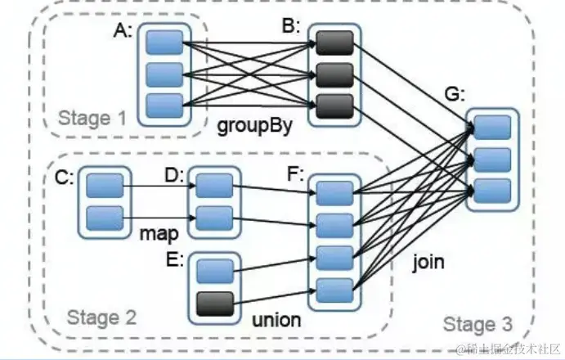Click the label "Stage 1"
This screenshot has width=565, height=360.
coord(92,119)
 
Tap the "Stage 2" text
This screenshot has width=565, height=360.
coord(102,317)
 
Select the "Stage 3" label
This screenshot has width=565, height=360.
coord(478,324)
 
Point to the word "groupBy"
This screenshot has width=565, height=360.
coord(255,126)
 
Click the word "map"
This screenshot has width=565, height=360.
coord(159,233)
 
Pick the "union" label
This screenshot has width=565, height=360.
coord(276,320)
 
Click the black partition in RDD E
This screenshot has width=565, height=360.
coord(215,304)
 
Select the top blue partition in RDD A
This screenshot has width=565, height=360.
coord(164,43)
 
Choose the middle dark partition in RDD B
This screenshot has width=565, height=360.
coord(334,75)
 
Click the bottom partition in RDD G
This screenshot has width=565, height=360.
coord(492,191)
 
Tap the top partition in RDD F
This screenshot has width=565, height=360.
coord(334,193)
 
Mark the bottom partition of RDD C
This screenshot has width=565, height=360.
coord(105,218)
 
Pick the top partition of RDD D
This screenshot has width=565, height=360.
coord(214,186)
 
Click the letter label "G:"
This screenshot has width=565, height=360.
coord(455,95)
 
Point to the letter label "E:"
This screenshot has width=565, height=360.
coord(175,259)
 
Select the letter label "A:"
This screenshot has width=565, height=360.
coord(123,30)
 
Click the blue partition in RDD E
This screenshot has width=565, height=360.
coord(215,272)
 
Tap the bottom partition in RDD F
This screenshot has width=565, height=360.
coord(334,290)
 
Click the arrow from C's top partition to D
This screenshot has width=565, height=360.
coord(159,186)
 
